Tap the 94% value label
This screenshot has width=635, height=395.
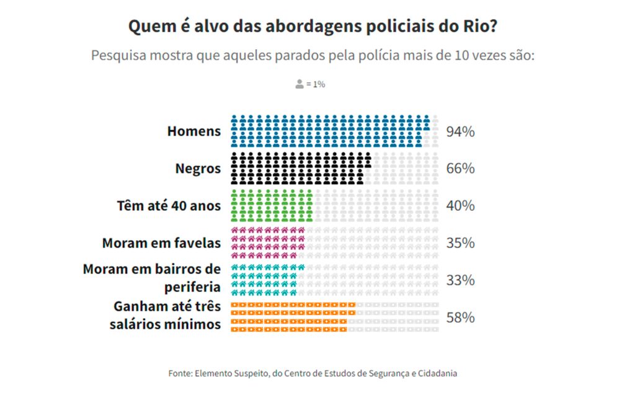[460, 131]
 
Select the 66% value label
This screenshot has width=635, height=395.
[460, 169]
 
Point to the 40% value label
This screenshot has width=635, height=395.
[460, 206]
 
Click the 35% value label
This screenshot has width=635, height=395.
[460, 243]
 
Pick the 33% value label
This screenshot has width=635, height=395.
[460, 280]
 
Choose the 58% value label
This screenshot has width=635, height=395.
[460, 317]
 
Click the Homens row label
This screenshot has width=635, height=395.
[193, 131]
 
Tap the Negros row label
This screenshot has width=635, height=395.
[198, 169]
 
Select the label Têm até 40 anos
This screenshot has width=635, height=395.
[169, 206]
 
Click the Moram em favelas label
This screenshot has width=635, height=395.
[161, 243]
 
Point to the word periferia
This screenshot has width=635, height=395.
[192, 287]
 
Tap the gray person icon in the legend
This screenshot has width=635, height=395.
[300, 84]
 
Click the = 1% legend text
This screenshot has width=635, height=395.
[316, 84]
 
